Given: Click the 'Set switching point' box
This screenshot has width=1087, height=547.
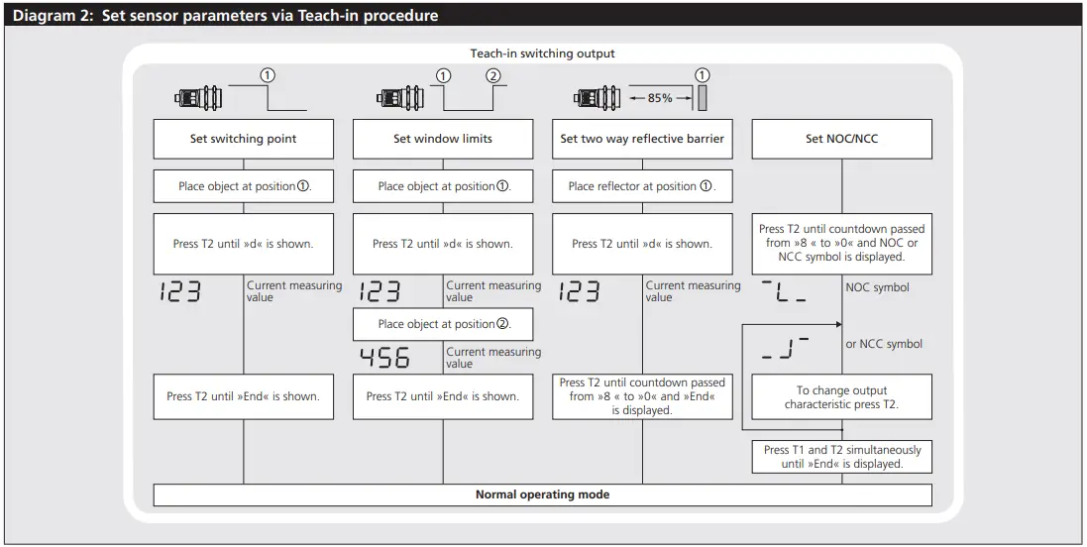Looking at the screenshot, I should [243, 139].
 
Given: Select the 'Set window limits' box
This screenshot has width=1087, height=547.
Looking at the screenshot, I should [443, 139].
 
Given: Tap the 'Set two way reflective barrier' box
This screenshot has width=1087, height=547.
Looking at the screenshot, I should [642, 139].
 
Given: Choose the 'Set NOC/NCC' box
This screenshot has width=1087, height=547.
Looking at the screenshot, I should [841, 139].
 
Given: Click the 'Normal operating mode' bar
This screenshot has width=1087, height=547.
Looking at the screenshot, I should [542, 494].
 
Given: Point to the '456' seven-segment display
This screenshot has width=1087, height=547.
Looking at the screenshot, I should [384, 358].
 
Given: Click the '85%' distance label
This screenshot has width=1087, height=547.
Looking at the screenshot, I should [660, 98].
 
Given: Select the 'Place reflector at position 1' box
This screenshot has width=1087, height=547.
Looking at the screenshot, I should [642, 186].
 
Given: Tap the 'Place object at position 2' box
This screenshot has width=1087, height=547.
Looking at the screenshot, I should [443, 324].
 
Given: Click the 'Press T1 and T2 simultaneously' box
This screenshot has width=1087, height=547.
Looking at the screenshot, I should [841, 457].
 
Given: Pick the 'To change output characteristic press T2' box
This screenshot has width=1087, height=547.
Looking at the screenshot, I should [841, 397].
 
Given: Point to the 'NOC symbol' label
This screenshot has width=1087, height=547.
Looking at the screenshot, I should [876, 287].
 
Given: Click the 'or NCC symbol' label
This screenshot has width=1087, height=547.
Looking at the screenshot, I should [884, 344].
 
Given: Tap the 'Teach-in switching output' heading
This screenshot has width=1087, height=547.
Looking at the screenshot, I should [542, 54].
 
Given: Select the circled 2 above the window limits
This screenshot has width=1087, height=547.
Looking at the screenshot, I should [493, 75].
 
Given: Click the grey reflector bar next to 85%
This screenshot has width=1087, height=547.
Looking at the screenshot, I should [703, 98].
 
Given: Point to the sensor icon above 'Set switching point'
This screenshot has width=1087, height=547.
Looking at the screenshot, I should [198, 98].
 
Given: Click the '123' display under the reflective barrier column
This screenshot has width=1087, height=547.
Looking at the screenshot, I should [581, 291].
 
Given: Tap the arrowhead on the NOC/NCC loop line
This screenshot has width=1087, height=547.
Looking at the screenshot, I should [838, 324].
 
